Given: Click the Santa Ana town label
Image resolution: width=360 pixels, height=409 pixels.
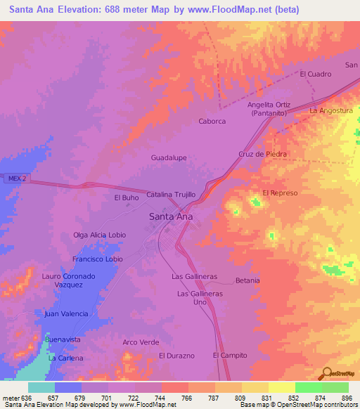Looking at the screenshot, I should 172,217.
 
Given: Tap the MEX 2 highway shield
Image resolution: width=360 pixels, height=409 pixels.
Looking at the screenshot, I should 18,179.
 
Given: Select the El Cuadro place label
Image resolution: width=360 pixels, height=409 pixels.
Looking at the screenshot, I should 315,74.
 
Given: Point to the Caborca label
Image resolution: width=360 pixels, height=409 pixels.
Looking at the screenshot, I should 212,122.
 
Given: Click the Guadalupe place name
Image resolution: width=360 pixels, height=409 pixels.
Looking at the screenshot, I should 169,158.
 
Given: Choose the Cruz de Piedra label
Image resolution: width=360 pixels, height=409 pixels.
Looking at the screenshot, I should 264,154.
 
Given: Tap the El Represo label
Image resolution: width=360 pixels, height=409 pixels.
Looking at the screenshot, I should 281,193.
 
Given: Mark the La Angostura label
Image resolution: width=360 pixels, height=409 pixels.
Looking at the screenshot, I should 331,111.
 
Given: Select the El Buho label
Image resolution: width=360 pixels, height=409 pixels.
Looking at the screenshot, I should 126,198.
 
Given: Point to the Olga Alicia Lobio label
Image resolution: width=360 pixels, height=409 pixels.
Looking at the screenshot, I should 99,235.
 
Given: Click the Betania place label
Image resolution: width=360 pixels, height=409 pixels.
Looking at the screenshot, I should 247,280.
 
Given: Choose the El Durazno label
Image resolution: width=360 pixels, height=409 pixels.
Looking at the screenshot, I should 176,356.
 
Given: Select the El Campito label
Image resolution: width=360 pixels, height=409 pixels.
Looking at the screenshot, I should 230,356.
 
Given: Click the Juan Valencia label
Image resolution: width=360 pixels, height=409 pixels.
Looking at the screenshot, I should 66,313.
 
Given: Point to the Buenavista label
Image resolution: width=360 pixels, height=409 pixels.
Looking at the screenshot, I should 63,339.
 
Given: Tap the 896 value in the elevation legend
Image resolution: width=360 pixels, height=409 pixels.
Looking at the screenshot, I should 347,398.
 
